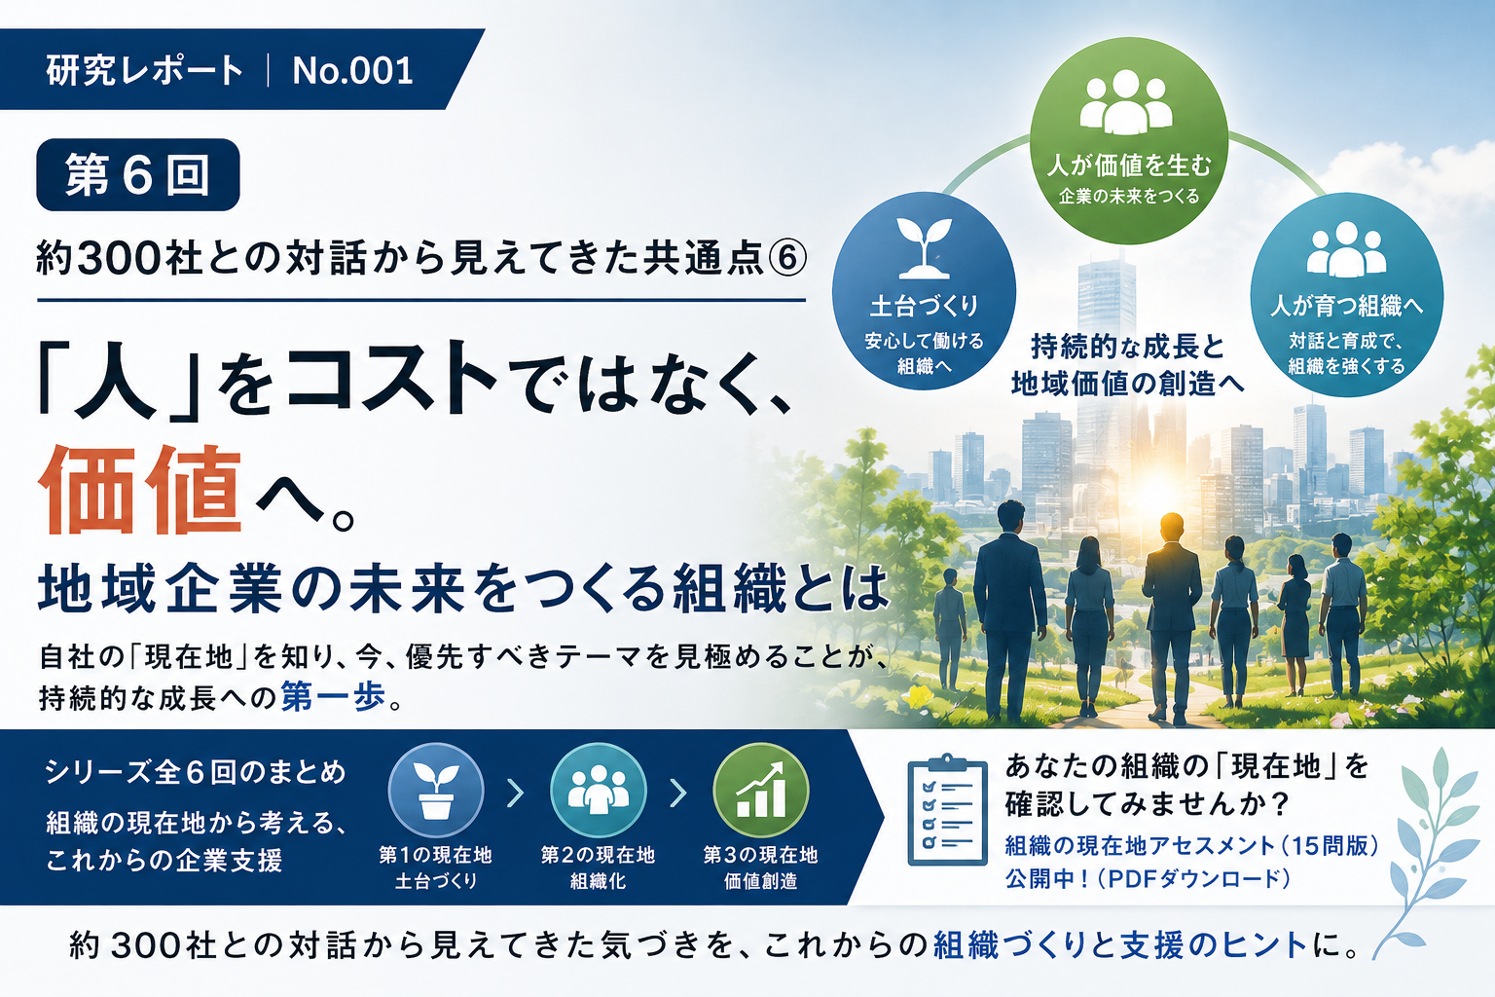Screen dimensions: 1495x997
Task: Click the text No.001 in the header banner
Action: coord(352,70)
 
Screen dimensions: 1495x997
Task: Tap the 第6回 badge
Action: coord(138,174)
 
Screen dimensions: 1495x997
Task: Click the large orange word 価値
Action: coord(139,490)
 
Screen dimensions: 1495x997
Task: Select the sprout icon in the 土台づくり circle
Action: coord(924,247)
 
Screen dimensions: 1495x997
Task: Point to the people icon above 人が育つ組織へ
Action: coord(1346,248)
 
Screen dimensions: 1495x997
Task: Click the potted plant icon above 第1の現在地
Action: coord(436,791)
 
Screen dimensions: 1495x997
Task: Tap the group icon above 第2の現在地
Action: coord(598,791)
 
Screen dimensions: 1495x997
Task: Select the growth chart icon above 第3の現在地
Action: coord(760,791)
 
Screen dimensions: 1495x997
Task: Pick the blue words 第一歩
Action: coord(333,696)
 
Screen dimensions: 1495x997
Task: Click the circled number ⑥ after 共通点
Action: coord(787,258)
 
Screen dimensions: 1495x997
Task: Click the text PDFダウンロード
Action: coord(1198,878)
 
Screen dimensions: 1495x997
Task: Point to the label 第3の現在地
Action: coord(760,855)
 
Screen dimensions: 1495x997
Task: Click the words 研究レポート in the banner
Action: coord(145,70)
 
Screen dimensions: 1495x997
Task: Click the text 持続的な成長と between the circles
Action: coord(1127,347)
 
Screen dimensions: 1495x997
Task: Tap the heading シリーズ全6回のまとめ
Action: coord(196,772)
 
